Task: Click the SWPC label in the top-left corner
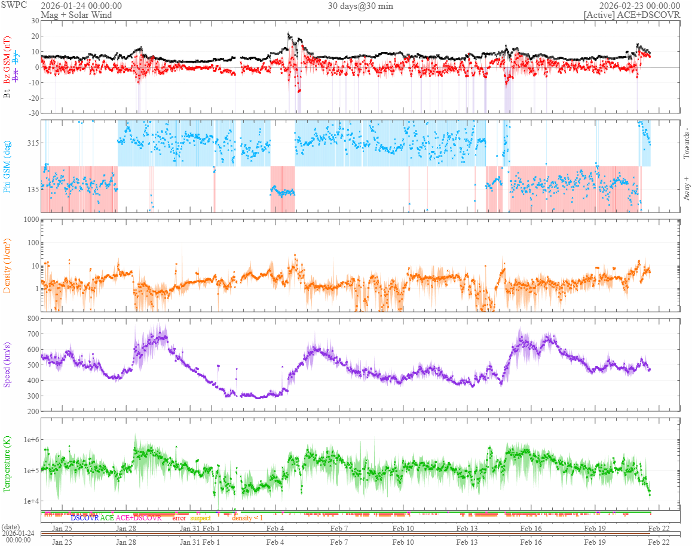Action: pyautogui.click(x=10, y=5)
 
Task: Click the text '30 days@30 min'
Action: pyautogui.click(x=360, y=6)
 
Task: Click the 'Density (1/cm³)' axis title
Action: pyautogui.click(x=7, y=266)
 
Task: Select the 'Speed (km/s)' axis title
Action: pyautogui.click(x=7, y=365)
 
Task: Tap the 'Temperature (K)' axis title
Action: pyautogui.click(x=7, y=464)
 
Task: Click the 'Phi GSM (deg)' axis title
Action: pyautogui.click(x=7, y=166)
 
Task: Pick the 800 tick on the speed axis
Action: pyautogui.click(x=32, y=319)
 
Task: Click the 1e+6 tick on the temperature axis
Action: pyautogui.click(x=30, y=440)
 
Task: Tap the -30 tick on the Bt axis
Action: pyautogui.click(x=32, y=113)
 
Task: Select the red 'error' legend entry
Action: pyautogui.click(x=179, y=518)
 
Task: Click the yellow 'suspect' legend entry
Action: pyautogui.click(x=200, y=518)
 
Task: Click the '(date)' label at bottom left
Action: pyautogui.click(x=11, y=526)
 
